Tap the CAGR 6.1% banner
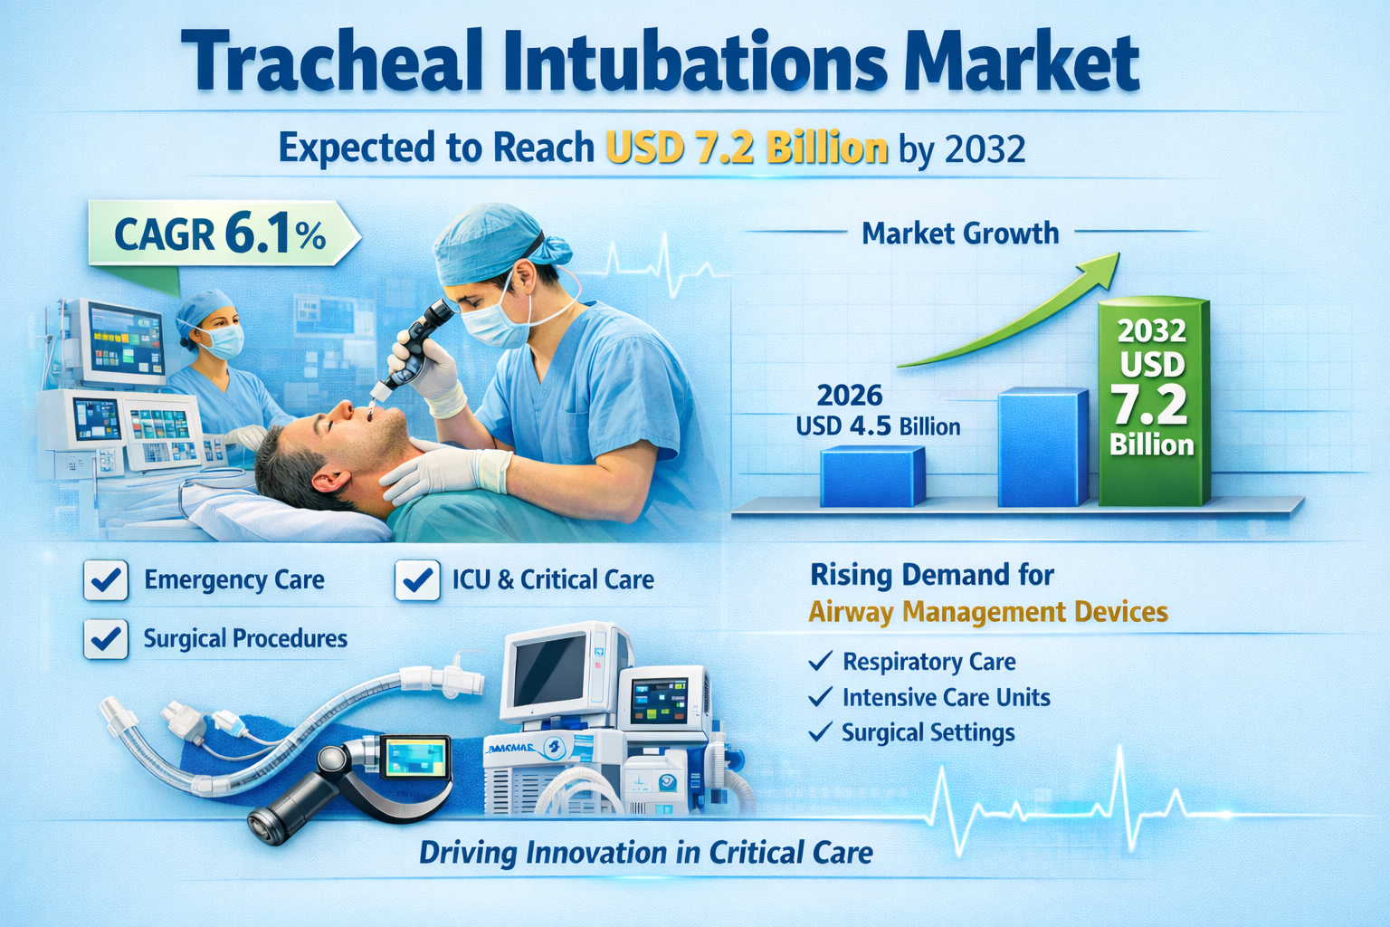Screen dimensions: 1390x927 point(224,234)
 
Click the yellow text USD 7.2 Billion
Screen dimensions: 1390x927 point(747,148)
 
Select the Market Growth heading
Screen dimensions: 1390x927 point(960,234)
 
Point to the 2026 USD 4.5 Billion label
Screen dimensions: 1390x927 point(878,411)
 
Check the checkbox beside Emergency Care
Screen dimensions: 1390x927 point(106,580)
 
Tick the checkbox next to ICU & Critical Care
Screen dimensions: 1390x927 point(417,580)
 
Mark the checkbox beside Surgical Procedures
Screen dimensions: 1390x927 point(106,638)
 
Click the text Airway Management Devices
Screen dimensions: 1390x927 point(988,612)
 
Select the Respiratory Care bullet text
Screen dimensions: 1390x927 point(929,662)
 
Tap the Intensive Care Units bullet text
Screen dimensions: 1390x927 point(947,697)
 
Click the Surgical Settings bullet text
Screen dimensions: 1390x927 point(928,732)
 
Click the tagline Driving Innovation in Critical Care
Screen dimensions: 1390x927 point(646,853)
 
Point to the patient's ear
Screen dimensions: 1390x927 point(327,481)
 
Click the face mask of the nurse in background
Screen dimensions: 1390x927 point(222,341)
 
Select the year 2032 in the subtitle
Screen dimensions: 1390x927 point(985,149)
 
